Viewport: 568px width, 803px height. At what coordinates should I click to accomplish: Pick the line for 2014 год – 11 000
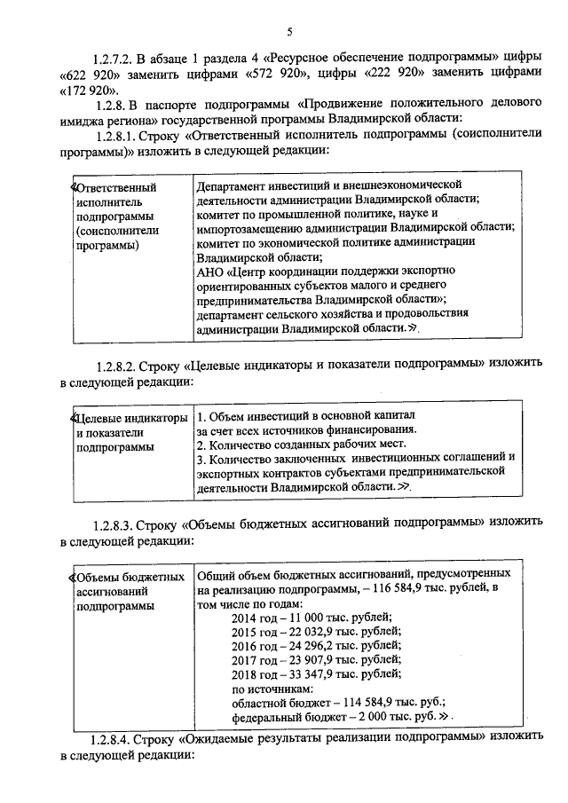point(311,618)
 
